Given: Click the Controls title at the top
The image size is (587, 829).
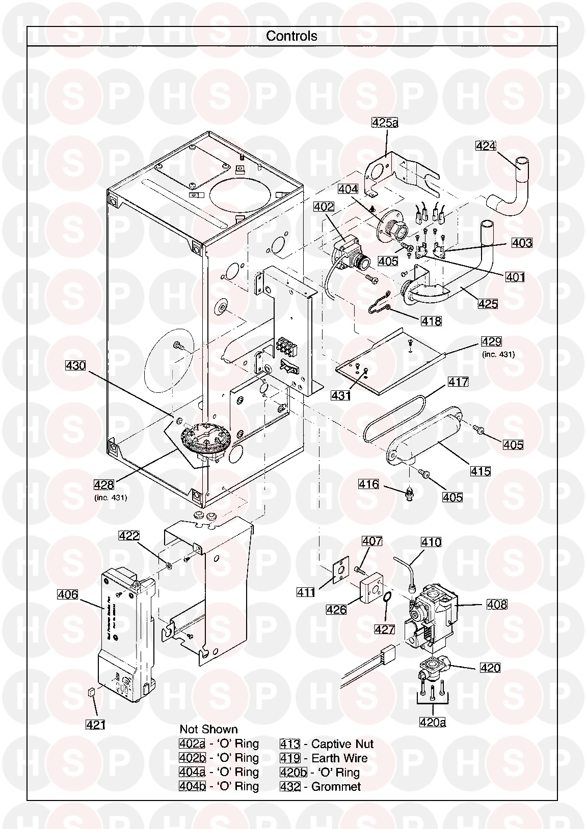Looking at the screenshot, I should (291, 36).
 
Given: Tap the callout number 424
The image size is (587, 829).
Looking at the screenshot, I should (486, 146).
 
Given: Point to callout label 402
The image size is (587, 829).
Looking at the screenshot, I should (324, 207).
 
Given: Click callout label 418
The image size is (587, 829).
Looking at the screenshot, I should (431, 321).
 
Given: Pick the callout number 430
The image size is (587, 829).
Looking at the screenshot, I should (75, 365).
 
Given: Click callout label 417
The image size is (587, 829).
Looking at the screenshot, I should (458, 382).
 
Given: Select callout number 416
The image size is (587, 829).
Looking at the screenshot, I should (368, 484).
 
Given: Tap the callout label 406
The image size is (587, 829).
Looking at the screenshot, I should (68, 594).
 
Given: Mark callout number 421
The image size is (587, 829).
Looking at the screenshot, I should (95, 710).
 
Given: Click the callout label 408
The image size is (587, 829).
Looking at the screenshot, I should (497, 604).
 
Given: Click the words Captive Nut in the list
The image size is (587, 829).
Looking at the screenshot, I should (342, 744).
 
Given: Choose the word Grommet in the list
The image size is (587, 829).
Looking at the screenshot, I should (336, 787).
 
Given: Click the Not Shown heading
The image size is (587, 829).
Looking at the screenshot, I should (208, 729).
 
